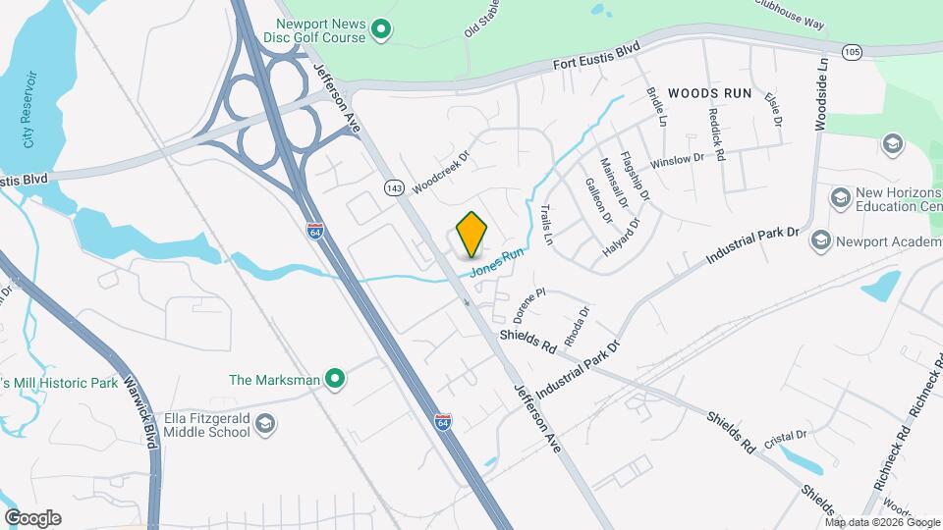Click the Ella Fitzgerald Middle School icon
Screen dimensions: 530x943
(x=264, y=423)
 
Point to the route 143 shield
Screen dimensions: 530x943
(x=395, y=186)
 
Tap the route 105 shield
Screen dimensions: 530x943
(x=852, y=50)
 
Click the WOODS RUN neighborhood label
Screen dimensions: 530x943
(x=709, y=93)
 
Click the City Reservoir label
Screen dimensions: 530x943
(x=30, y=109)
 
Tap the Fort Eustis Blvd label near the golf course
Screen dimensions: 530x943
(x=596, y=58)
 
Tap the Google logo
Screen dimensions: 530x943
(x=32, y=517)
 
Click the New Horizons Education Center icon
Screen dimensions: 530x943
(x=840, y=198)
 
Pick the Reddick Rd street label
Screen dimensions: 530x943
(x=716, y=135)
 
